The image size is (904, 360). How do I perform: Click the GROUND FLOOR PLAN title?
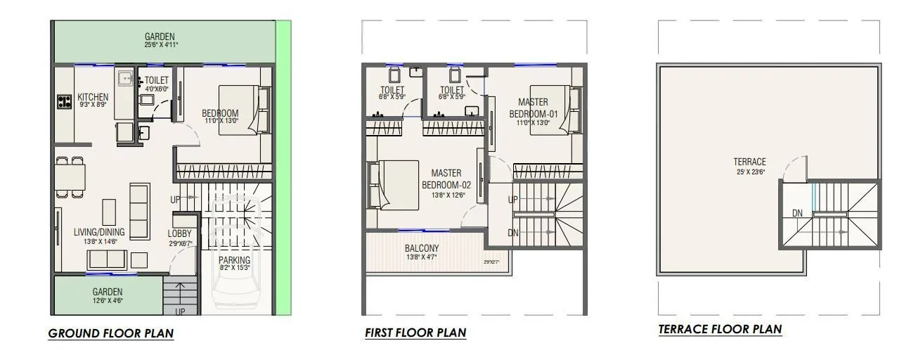pyautogui.click(x=110, y=333)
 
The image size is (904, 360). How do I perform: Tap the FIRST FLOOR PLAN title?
pyautogui.click(x=415, y=333)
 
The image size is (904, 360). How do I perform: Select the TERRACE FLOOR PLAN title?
pyautogui.click(x=720, y=329)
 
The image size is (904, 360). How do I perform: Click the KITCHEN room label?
pyautogui.click(x=93, y=97)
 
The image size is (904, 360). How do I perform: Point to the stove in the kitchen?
pyautogui.click(x=65, y=102)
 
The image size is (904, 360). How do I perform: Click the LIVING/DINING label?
pyautogui.click(x=99, y=232)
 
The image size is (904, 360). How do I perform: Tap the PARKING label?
pyautogui.click(x=234, y=260)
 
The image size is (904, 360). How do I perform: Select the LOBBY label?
pyautogui.click(x=179, y=233)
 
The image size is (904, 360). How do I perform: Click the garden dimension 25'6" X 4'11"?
pyautogui.click(x=160, y=45)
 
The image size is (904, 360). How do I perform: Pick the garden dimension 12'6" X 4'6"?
pyautogui.click(x=108, y=301)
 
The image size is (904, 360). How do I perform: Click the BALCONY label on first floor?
pyautogui.click(x=422, y=248)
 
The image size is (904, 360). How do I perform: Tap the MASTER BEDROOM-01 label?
pyautogui.click(x=533, y=108)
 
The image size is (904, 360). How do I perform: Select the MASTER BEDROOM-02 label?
pyautogui.click(x=446, y=179)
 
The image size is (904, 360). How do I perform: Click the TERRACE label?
pyautogui.click(x=749, y=162)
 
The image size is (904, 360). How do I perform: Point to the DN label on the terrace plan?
pyautogui.click(x=796, y=212)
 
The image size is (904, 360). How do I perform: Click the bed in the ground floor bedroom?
pyautogui.click(x=243, y=110)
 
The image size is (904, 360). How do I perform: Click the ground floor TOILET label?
pyautogui.click(x=156, y=81)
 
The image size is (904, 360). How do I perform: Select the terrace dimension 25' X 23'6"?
pyautogui.click(x=749, y=171)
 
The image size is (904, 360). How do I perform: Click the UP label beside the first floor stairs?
pyautogui.click(x=513, y=200)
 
